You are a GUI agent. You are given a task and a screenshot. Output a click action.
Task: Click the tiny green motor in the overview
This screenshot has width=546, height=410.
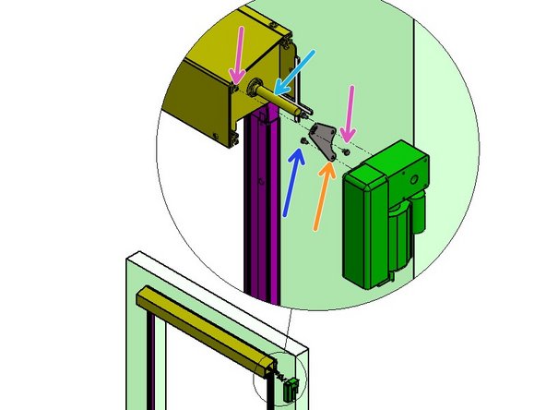point(293,389)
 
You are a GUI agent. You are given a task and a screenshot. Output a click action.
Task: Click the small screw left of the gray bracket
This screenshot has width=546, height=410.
point(303,139)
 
